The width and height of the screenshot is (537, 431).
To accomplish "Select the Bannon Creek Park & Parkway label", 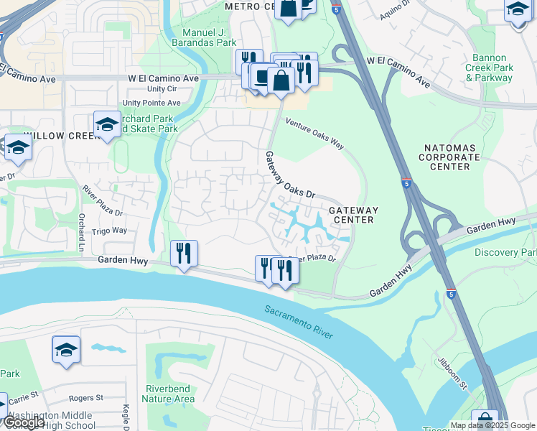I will (x=493, y=68).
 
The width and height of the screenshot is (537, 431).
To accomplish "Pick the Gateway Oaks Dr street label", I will (x=291, y=176).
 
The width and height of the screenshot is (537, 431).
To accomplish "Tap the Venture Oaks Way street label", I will (x=315, y=133).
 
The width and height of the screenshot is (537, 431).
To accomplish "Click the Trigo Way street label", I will (x=109, y=231).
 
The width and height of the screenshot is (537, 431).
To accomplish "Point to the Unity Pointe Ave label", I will (x=151, y=103).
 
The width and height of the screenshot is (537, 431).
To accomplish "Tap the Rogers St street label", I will (x=86, y=397).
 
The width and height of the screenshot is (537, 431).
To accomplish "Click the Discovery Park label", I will (x=505, y=253).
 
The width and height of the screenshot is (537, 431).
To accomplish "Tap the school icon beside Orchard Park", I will (x=107, y=124).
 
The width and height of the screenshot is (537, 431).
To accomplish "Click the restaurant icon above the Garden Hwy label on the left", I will (x=185, y=252).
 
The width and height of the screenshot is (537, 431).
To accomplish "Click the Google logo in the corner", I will (x=24, y=422).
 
